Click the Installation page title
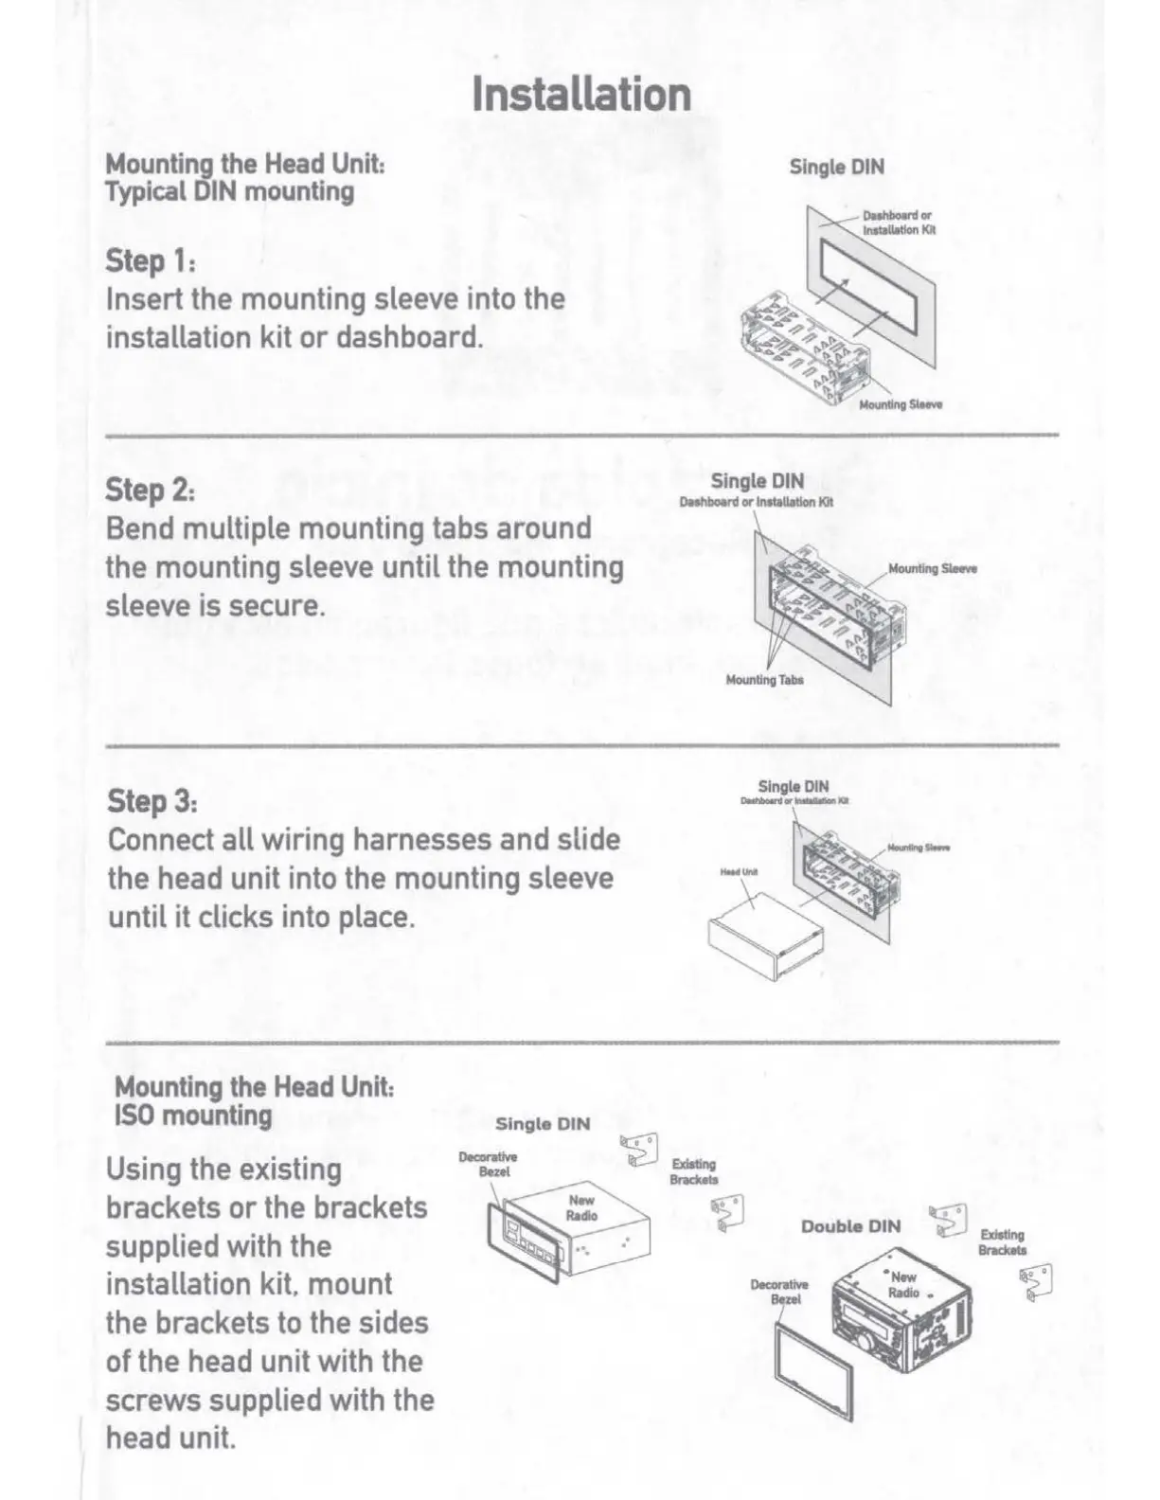[581, 95]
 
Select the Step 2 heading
[152, 491]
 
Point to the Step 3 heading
[152, 801]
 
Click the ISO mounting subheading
[193, 1116]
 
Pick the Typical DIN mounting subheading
[230, 192]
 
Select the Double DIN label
[850, 1226]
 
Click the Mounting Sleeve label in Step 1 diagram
[901, 405]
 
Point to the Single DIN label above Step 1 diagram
[837, 168]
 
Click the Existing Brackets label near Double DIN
[1003, 1242]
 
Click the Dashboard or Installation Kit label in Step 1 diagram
[898, 223]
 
